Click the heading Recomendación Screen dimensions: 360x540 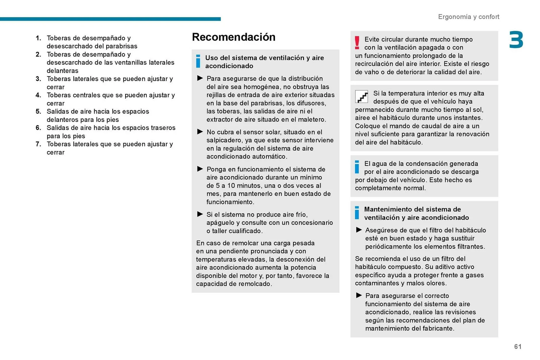pos(233,37)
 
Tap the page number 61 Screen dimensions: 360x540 pos(518,347)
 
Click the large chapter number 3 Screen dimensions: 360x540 pos(516,40)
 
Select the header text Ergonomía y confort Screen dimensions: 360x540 pos(469,17)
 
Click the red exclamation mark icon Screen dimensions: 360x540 pos(357,43)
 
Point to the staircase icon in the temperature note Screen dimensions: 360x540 pos(361,97)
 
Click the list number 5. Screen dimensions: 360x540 pos(38,112)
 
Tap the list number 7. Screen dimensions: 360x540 pos(38,144)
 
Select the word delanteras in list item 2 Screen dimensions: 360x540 pos(62,71)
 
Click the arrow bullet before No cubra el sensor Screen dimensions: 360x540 pos(200,132)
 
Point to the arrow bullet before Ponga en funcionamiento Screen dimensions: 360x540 pos(200,169)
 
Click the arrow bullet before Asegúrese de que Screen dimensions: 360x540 pos(359,230)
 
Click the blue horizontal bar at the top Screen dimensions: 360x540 pos(110,19)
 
